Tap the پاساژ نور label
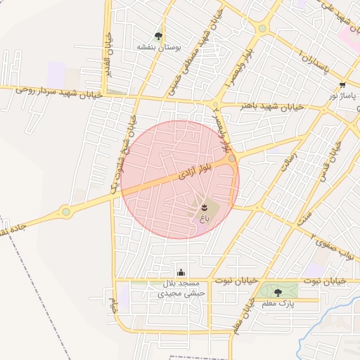[343, 95]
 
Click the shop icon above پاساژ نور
[342, 84]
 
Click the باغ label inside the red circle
[204, 219]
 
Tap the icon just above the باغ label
[204, 207]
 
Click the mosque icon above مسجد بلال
[181, 272]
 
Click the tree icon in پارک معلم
[278, 292]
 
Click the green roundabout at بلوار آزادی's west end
[66, 210]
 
